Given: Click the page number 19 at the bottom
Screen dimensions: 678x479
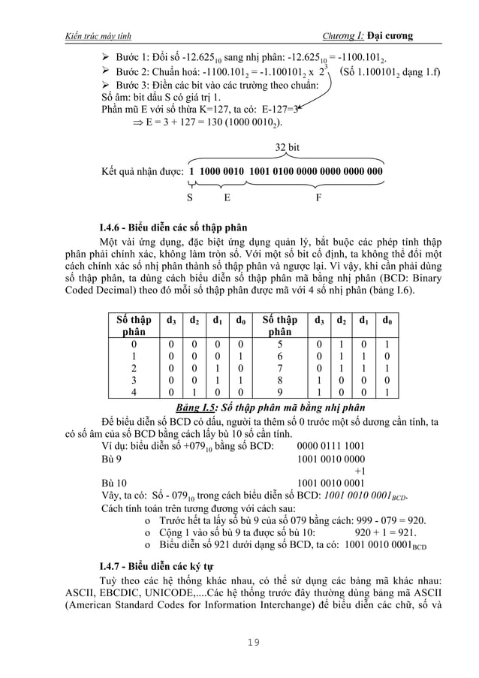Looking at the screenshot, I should (240, 642).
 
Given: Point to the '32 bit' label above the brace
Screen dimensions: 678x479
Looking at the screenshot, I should (288, 148).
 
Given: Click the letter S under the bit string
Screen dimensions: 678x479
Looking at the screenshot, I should (190, 198).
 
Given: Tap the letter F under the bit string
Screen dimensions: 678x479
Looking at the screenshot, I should (319, 198).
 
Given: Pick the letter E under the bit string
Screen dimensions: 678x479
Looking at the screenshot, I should (227, 198).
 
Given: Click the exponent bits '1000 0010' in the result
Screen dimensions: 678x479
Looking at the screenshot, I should (222, 172).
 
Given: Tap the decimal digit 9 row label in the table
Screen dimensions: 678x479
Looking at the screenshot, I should (280, 393).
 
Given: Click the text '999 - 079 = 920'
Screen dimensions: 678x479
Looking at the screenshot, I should (391, 520).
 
